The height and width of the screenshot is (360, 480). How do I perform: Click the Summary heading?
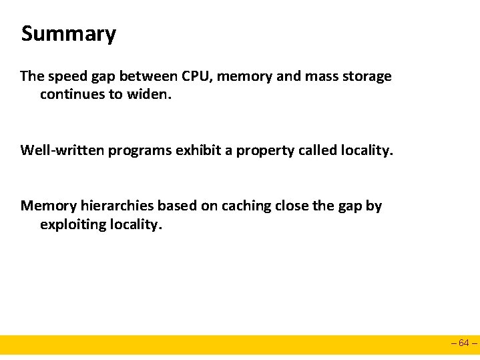68,34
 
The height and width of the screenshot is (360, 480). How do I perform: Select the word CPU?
195,76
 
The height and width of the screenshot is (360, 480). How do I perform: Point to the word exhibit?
199,150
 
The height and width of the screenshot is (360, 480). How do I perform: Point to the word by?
374,206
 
